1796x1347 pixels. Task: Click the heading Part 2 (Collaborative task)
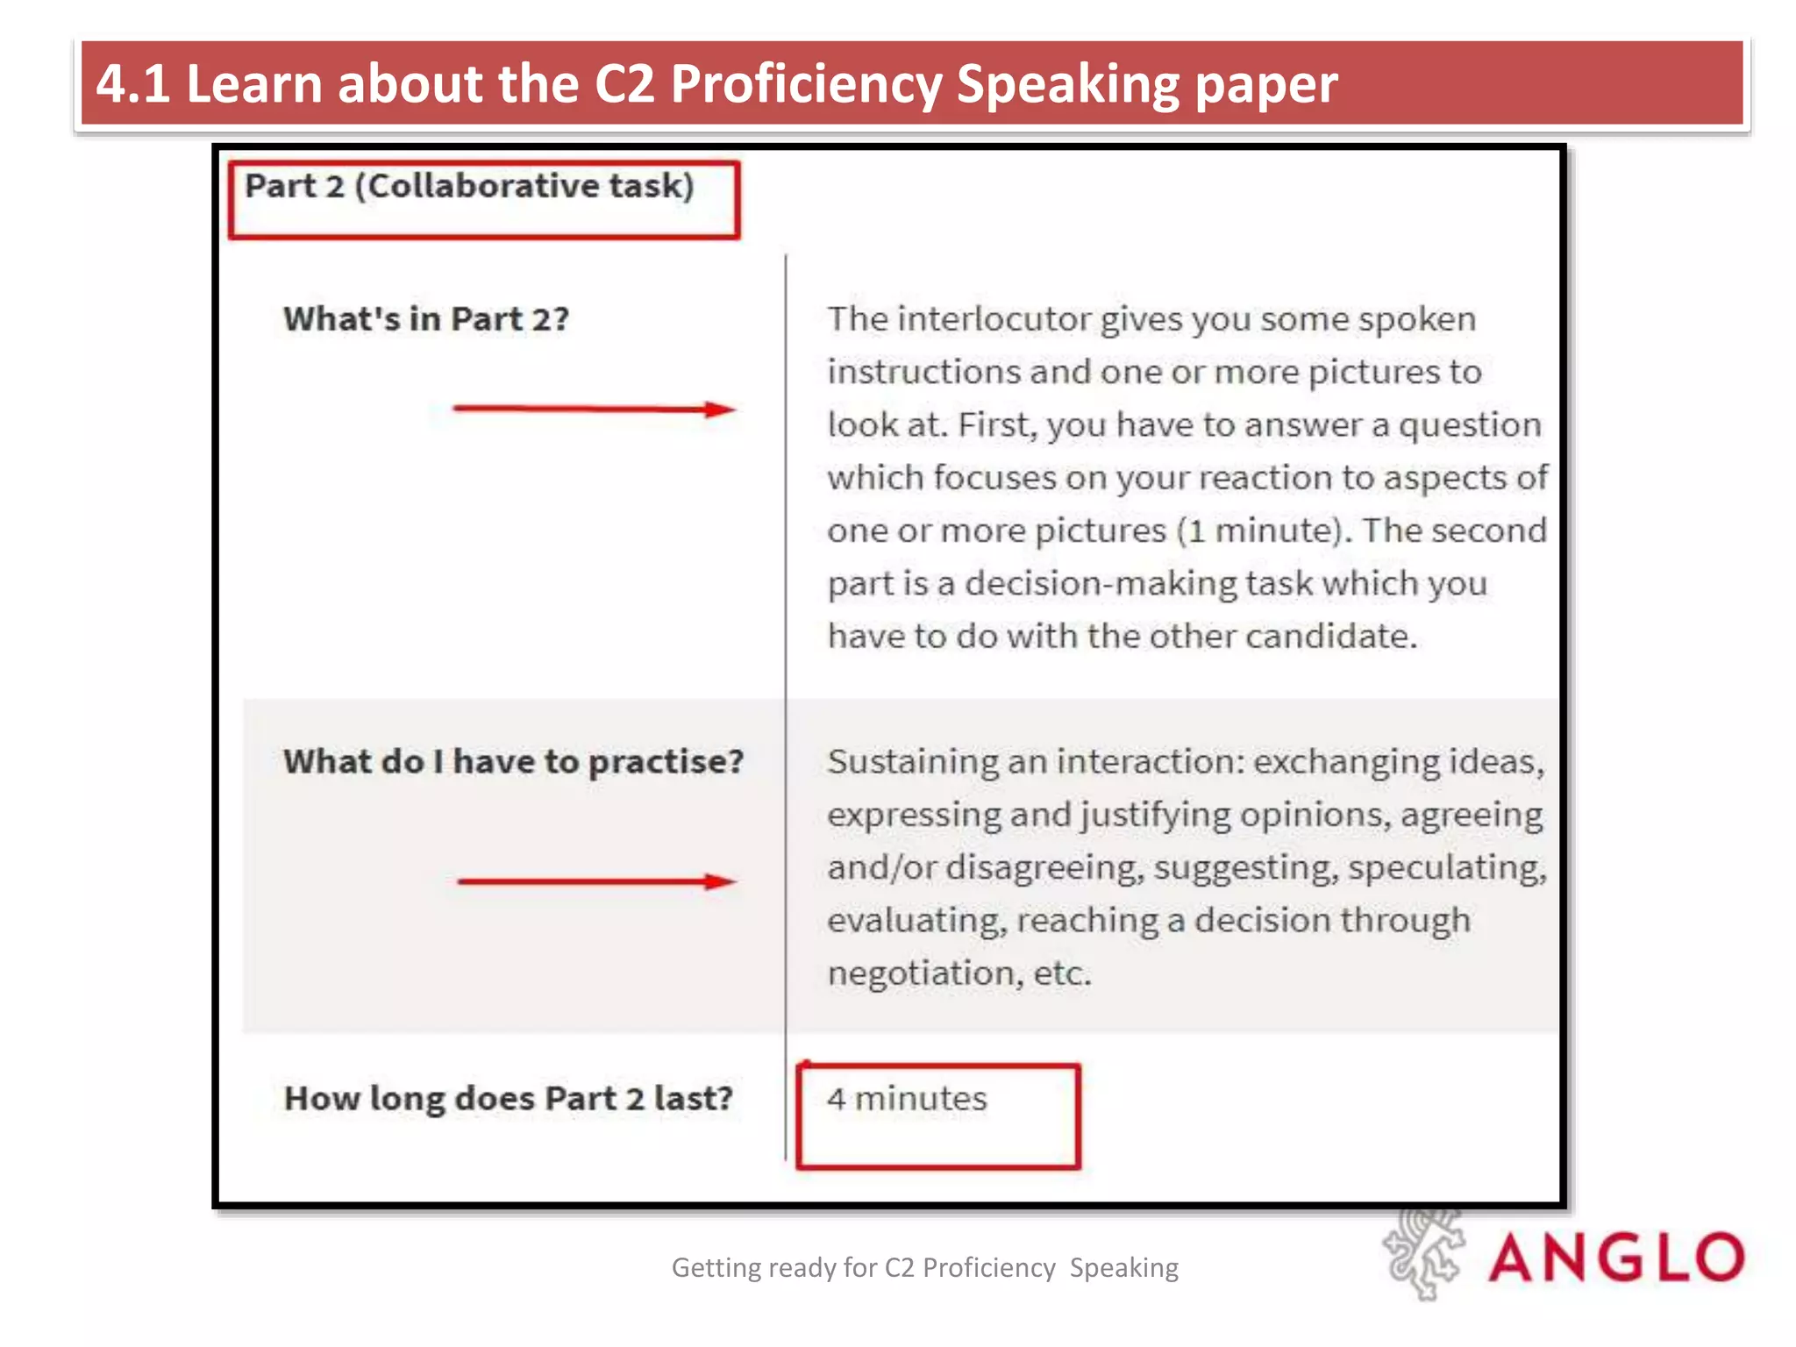(469, 187)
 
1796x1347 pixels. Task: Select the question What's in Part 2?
(426, 319)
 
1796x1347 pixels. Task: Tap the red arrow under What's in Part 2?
(594, 409)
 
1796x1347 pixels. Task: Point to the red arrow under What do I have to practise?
(596, 881)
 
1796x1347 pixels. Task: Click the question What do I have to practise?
(513, 762)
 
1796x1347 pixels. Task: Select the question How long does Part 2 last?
(509, 1099)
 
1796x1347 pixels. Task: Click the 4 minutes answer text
(907, 1099)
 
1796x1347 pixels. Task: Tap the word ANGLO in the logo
(1616, 1258)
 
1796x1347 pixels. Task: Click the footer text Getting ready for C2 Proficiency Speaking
(924, 1268)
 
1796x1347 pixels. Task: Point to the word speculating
(1447, 868)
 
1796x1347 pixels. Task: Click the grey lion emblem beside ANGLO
(1424, 1254)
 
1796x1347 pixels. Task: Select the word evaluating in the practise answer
(916, 921)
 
